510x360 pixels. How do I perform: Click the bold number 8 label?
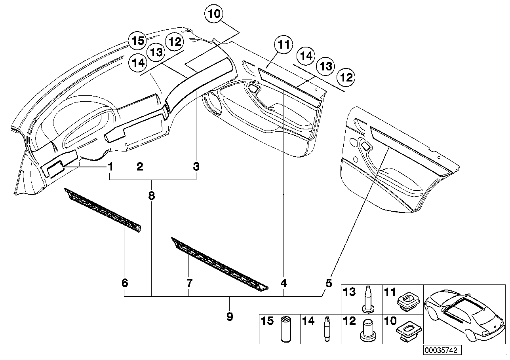pyautogui.click(x=152, y=195)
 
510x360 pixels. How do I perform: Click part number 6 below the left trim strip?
pyautogui.click(x=124, y=283)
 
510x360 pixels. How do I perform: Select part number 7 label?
pyautogui.click(x=189, y=283)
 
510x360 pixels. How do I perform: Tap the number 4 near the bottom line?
pyautogui.click(x=284, y=283)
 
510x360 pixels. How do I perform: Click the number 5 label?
pyautogui.click(x=329, y=283)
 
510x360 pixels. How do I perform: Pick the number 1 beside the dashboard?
pyautogui.click(x=110, y=167)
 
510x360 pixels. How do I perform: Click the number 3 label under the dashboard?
pyautogui.click(x=196, y=167)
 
